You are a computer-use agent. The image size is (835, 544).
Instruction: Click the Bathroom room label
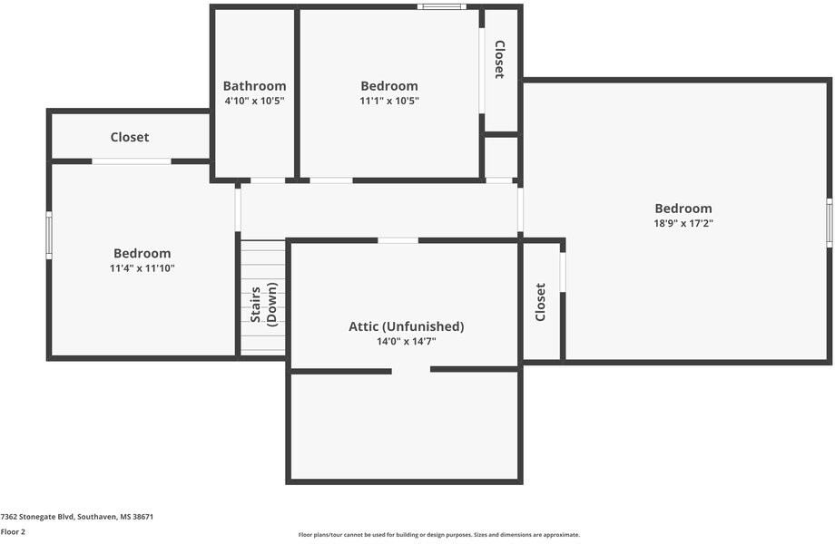pyautogui.click(x=254, y=86)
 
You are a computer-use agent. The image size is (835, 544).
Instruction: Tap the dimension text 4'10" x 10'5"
pyautogui.click(x=254, y=101)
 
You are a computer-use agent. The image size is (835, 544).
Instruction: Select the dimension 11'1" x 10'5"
pyautogui.click(x=388, y=101)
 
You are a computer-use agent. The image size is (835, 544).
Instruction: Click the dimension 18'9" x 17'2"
pyautogui.click(x=683, y=223)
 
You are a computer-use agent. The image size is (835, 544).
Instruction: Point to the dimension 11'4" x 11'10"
pyautogui.click(x=142, y=268)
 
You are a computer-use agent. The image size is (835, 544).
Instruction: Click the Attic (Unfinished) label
pyautogui.click(x=406, y=326)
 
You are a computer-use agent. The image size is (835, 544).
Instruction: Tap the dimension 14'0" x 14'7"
pyautogui.click(x=406, y=342)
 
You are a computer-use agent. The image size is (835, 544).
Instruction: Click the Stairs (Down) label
pyautogui.click(x=263, y=305)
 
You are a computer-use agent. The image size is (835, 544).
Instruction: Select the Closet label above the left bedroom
pyautogui.click(x=130, y=137)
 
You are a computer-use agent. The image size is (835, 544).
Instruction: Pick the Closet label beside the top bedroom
pyautogui.click(x=499, y=59)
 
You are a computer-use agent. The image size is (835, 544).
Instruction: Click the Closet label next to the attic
pyautogui.click(x=541, y=302)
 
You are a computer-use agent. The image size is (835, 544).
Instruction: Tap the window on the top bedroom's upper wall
pyautogui.click(x=442, y=7)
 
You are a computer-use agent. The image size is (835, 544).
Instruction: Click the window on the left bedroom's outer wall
pyautogui.click(x=49, y=235)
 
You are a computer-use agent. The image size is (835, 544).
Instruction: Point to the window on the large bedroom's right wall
pyautogui.click(x=829, y=223)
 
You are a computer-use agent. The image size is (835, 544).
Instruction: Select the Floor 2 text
pyautogui.click(x=13, y=531)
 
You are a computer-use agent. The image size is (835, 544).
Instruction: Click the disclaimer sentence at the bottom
pyautogui.click(x=438, y=535)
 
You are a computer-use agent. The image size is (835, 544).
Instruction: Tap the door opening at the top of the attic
pyautogui.click(x=398, y=240)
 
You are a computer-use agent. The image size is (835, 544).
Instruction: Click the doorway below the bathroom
pyautogui.click(x=267, y=180)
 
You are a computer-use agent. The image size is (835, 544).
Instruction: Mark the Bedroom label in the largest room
pyautogui.click(x=683, y=209)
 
